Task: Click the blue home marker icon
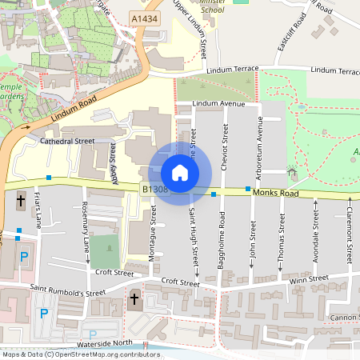point(180,173)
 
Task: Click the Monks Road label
point(274,194)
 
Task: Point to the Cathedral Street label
point(67,141)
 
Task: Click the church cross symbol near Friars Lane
point(20,198)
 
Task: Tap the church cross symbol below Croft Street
point(134,301)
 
